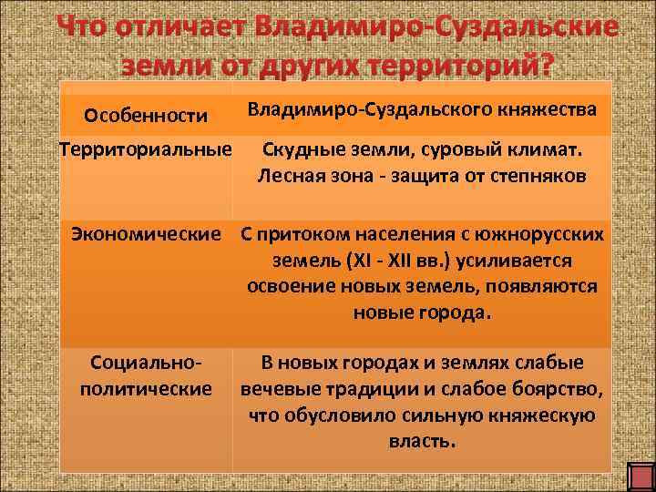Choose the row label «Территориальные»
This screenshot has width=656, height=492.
[145, 148]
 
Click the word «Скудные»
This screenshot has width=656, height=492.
[302, 148]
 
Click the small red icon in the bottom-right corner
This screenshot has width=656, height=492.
[640, 477]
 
